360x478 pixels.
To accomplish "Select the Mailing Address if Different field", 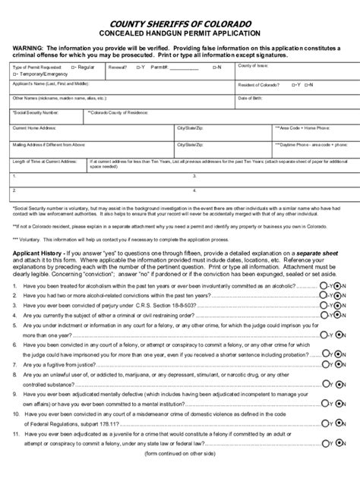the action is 91,149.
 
